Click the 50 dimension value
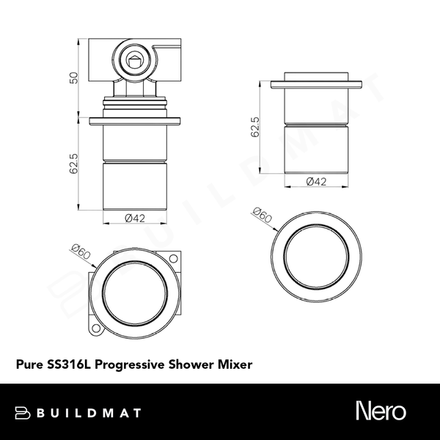point(73,78)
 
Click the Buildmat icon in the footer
point(24,412)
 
